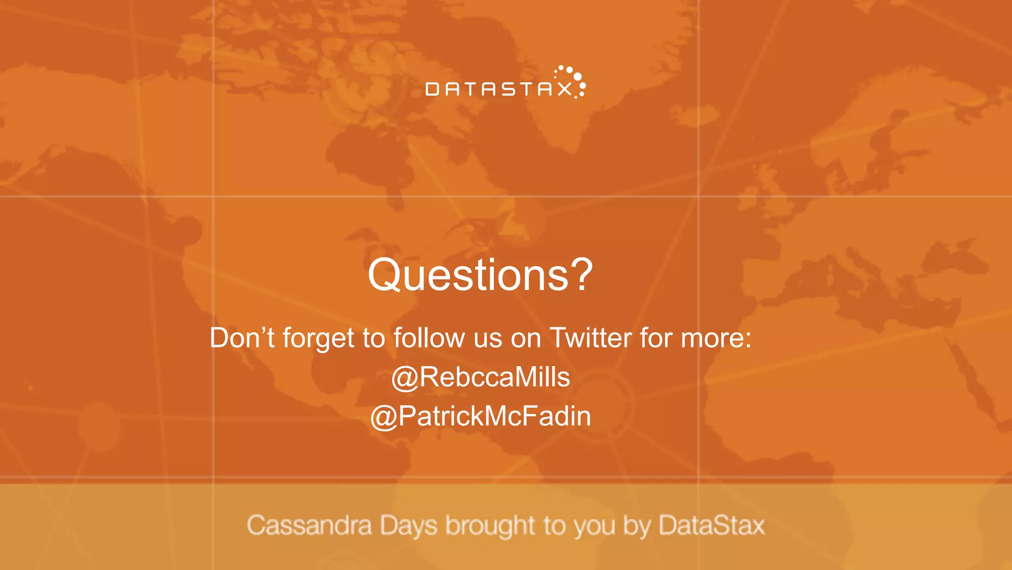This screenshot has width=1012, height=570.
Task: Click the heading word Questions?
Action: click(x=480, y=275)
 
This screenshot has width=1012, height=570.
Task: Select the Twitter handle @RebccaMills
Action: click(x=480, y=377)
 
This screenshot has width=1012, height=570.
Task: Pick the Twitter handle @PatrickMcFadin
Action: click(x=480, y=416)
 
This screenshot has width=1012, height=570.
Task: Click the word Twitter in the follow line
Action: click(x=590, y=338)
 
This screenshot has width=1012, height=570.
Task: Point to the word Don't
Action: click(x=242, y=338)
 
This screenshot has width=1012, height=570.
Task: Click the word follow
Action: click(x=429, y=338)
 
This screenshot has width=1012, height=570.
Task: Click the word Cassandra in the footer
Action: click(x=309, y=525)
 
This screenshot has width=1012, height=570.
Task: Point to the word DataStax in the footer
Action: click(x=712, y=525)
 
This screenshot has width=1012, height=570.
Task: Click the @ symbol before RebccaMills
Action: click(x=405, y=378)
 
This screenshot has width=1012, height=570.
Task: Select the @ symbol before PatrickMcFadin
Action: click(x=384, y=417)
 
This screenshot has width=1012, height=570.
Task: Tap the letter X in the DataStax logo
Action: click(x=561, y=89)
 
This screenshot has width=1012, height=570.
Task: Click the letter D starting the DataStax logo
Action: click(x=432, y=89)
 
